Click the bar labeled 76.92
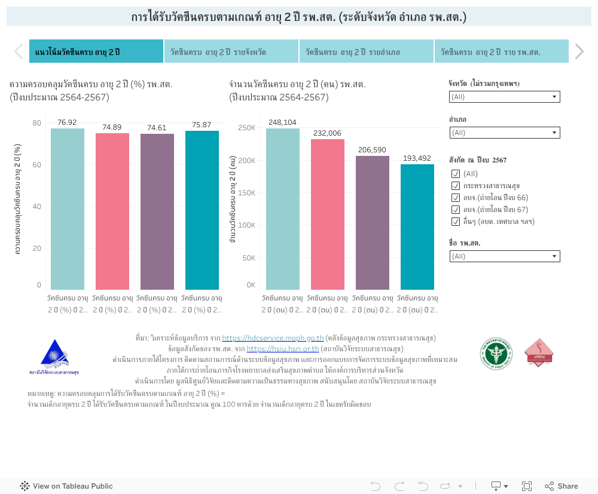tap(68, 209)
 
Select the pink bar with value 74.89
tap(112, 211)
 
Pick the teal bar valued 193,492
tap(417, 227)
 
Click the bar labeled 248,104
tap(283, 209)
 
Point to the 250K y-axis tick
tap(247, 128)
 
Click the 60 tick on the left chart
tap(37, 165)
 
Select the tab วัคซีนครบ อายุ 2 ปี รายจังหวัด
tap(231, 52)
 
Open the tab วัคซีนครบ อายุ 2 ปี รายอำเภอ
tap(366, 52)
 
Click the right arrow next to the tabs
tap(579, 51)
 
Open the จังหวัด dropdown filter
tap(505, 97)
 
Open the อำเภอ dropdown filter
tap(505, 133)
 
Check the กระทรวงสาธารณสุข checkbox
tap(456, 186)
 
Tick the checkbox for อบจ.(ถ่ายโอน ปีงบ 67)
tap(456, 210)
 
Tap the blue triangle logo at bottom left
tap(54, 355)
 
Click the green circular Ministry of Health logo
tap(496, 353)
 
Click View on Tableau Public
tap(66, 486)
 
